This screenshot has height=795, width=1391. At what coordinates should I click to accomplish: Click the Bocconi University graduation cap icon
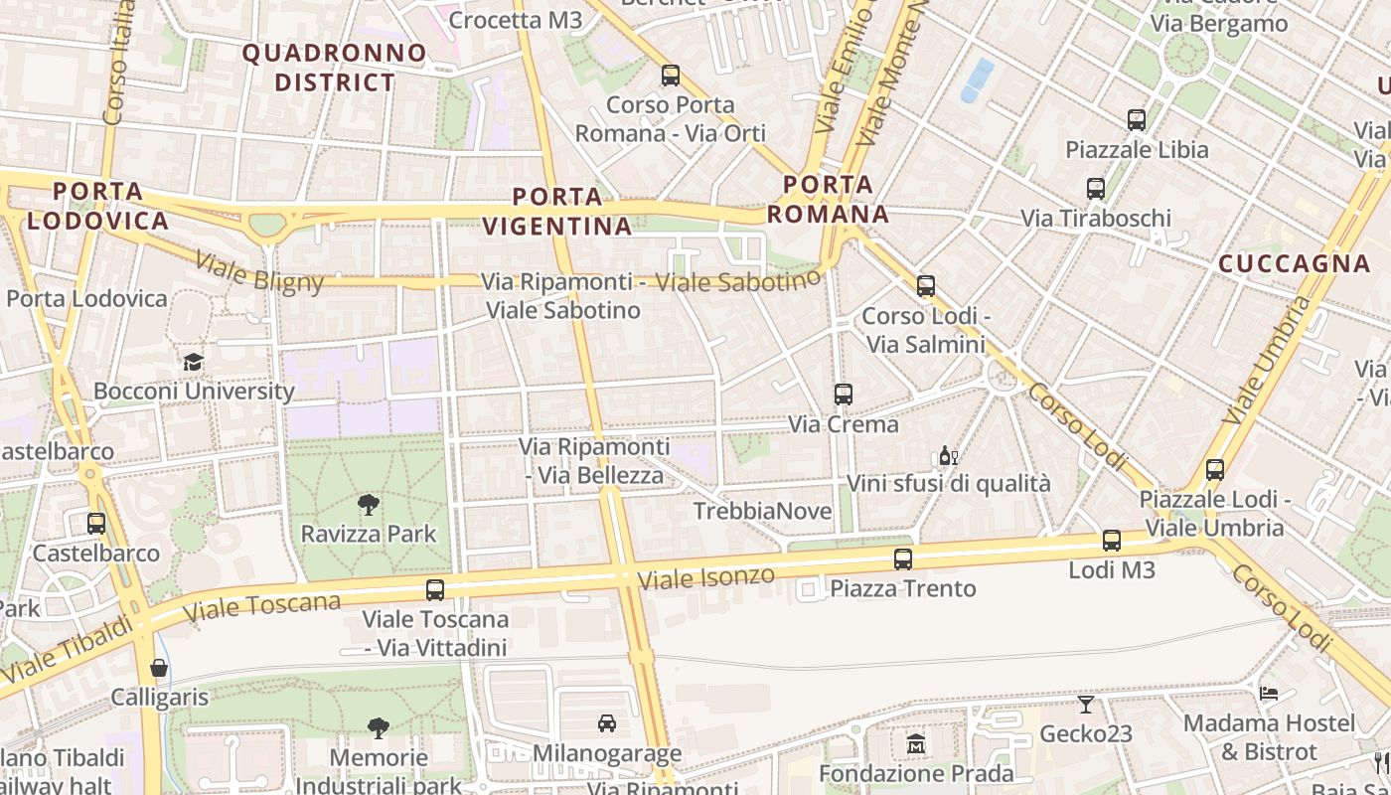click(193, 362)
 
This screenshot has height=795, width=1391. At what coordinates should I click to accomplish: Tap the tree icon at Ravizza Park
click(368, 505)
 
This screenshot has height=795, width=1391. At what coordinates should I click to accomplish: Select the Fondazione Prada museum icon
click(915, 743)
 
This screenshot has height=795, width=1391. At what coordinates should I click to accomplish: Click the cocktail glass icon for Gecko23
click(1085, 705)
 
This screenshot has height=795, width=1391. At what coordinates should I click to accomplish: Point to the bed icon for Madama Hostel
click(1269, 693)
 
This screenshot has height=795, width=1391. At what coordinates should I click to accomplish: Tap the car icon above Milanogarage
click(607, 723)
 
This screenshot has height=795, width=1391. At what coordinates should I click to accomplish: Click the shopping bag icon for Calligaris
click(159, 668)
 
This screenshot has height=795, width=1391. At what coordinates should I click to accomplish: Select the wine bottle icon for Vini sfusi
click(948, 456)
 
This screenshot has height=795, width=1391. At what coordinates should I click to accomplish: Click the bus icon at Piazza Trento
click(902, 559)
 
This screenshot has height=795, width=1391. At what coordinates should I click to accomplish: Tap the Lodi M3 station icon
click(1112, 541)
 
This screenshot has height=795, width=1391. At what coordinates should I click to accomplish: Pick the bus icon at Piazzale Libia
click(1137, 120)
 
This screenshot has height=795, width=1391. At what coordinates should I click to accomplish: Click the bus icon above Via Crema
click(843, 395)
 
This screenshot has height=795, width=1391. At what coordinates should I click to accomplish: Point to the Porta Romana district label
click(828, 199)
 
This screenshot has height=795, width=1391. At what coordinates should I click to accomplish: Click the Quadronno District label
click(335, 67)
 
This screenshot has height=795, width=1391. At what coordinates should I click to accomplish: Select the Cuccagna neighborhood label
click(1294, 263)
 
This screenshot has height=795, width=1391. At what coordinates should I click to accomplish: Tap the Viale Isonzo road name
click(705, 577)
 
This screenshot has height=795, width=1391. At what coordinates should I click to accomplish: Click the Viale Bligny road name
click(259, 272)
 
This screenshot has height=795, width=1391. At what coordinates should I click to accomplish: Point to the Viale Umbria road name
click(1263, 360)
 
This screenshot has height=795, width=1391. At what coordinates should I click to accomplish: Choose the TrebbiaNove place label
click(762, 511)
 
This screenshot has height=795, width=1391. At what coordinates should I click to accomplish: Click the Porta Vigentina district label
click(557, 211)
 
